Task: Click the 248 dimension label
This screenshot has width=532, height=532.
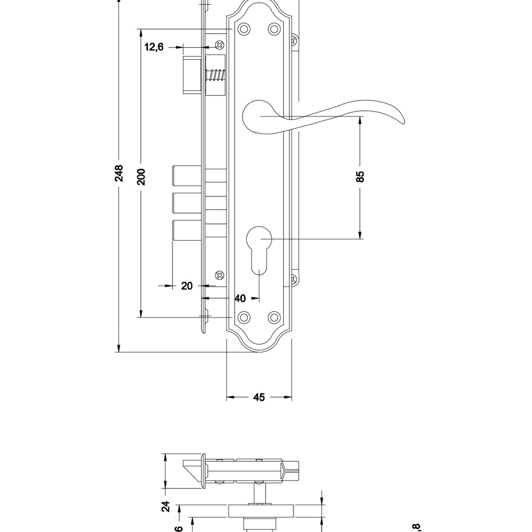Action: click(119, 174)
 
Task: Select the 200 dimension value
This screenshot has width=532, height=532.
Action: click(141, 177)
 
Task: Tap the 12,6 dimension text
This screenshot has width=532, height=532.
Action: click(154, 47)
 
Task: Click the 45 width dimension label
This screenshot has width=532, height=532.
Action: click(259, 397)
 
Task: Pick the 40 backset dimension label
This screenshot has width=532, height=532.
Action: click(240, 299)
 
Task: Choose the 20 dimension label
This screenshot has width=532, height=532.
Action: click(187, 286)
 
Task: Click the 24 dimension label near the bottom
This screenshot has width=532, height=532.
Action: click(166, 507)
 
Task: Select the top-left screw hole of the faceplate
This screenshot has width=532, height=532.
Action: click(243, 29)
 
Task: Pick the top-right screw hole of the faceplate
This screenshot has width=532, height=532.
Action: click(274, 29)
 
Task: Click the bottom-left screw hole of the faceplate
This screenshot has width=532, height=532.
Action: click(243, 316)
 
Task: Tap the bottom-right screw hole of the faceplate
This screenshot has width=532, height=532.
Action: click(274, 316)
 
